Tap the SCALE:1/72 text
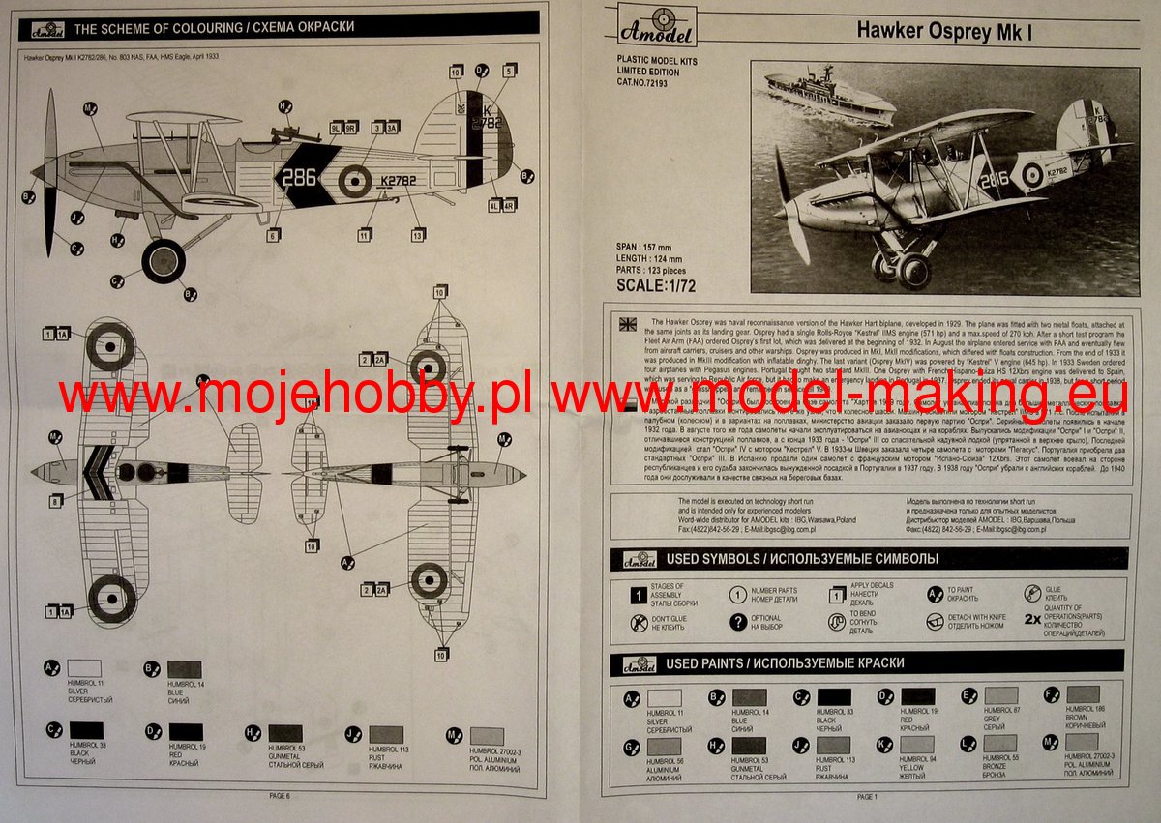(656, 285)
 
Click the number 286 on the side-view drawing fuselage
(299, 177)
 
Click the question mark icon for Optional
(738, 622)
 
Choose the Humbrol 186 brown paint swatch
(1084, 694)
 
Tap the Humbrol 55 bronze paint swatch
(1000, 745)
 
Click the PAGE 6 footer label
(281, 795)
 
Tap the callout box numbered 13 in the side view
(418, 235)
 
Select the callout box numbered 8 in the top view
(56, 502)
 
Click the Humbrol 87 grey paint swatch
(1000, 694)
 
